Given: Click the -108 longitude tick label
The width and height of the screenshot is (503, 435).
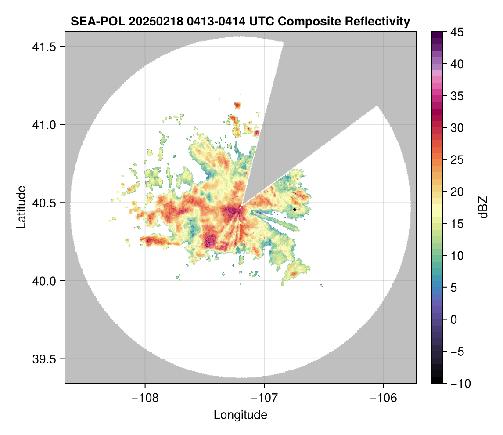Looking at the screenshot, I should pos(145,398).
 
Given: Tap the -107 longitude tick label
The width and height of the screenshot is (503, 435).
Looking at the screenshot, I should pos(264,398).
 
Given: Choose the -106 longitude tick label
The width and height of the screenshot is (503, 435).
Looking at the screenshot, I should pos(384,398).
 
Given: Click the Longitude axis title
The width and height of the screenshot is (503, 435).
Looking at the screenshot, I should pos(240,415).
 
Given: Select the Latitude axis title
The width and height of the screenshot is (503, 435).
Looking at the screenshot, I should pos(21,207).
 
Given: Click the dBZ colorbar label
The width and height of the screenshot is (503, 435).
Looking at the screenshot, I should pos(483,207).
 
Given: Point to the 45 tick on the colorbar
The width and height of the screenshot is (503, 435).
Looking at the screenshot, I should pos(456,32).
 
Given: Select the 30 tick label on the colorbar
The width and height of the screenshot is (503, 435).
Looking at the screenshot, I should pos(456,128).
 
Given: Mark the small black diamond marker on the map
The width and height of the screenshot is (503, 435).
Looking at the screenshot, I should pos(295,210).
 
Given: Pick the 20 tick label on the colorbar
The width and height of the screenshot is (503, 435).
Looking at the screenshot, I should pos(456,192).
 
